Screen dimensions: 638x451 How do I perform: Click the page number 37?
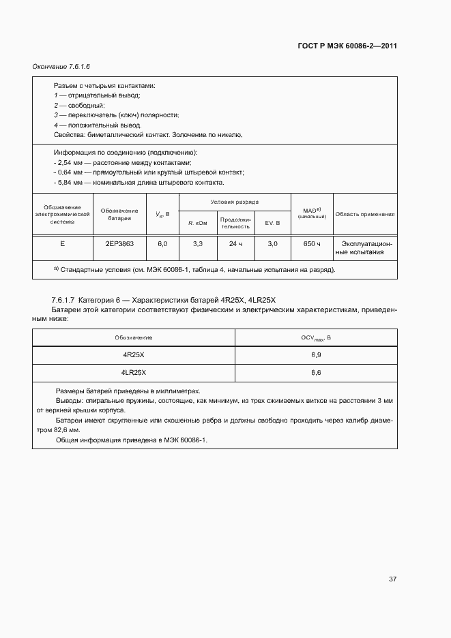click(392, 579)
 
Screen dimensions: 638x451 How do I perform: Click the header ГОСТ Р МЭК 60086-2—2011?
click(347, 46)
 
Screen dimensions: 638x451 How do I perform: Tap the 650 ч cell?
click(312, 243)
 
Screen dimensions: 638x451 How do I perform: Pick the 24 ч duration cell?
click(235, 243)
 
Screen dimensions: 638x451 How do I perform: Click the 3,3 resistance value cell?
click(198, 243)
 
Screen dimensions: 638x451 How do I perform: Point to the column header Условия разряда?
click(235, 202)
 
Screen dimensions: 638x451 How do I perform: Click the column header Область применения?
click(364, 214)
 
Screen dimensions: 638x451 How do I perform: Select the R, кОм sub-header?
click(198, 223)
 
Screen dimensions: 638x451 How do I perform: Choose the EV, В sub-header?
click(272, 223)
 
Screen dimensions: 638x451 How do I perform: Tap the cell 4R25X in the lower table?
click(134, 356)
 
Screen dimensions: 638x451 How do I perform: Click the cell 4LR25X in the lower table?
click(134, 373)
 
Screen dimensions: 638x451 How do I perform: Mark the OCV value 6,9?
click(316, 356)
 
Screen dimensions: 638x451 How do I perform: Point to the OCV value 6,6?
click(316, 373)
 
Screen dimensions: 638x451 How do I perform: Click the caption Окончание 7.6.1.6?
click(61, 67)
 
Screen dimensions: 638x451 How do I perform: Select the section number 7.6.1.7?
click(62, 301)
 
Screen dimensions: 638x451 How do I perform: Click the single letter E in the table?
click(63, 243)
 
